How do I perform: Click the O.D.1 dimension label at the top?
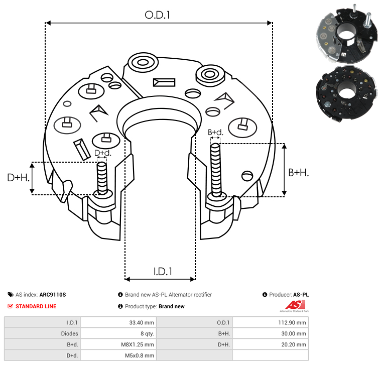point(158,15)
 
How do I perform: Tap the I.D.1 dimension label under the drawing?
point(163,272)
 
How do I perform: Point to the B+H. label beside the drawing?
point(298,172)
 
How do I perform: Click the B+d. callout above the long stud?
point(215,133)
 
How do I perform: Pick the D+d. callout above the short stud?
point(102,153)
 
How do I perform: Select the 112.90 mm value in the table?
point(291,322)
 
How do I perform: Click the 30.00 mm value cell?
point(293,333)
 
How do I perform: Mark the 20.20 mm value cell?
point(293,344)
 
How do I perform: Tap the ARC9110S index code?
point(53,295)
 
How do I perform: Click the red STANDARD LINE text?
point(36,306)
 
